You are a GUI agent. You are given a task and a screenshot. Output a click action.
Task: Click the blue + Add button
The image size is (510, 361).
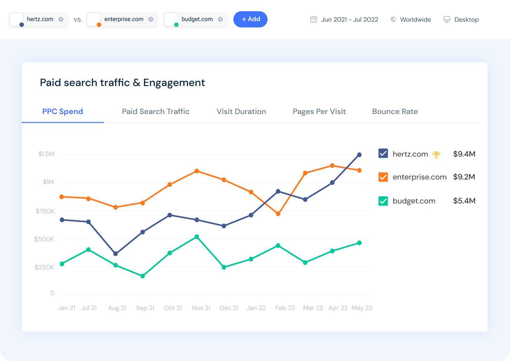click(x=250, y=19)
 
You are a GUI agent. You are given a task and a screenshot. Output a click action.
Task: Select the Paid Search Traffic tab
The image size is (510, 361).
click(x=156, y=112)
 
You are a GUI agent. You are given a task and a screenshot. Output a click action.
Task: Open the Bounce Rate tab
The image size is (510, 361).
click(x=395, y=112)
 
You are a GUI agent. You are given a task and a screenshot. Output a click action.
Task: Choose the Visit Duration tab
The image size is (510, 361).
click(x=241, y=112)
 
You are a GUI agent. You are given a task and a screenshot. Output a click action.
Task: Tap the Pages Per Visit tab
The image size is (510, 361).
click(x=319, y=112)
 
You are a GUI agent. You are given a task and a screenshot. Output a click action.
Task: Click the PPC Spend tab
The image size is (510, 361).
click(x=63, y=112)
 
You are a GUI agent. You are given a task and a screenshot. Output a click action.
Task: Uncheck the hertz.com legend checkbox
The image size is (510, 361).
click(x=383, y=154)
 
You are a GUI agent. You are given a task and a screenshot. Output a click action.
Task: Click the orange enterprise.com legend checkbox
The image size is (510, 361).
click(x=383, y=177)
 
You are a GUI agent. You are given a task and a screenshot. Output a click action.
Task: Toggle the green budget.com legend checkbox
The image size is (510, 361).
click(x=383, y=201)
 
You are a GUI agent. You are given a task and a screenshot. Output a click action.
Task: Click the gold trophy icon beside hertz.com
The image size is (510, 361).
click(x=436, y=154)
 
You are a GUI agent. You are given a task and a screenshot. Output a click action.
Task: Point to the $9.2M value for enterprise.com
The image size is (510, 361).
click(x=464, y=177)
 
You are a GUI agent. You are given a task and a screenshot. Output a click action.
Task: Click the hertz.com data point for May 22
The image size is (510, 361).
click(x=359, y=155)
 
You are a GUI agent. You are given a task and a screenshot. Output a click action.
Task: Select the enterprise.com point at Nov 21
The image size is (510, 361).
click(x=197, y=171)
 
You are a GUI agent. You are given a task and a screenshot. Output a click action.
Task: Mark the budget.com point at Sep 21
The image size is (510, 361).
click(x=143, y=276)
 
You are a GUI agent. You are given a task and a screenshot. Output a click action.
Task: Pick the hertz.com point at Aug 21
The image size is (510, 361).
click(x=116, y=254)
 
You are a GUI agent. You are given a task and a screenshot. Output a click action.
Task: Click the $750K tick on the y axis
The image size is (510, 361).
click(x=45, y=211)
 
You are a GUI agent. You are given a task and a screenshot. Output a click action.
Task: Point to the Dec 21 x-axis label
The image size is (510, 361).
click(x=229, y=308)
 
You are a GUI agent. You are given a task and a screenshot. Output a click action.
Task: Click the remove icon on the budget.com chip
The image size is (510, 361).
click(x=220, y=19)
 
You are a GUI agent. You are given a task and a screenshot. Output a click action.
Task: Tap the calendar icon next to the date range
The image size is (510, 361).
click(x=313, y=20)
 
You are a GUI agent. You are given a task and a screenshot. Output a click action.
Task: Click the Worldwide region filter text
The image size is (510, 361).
click(x=415, y=20)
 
